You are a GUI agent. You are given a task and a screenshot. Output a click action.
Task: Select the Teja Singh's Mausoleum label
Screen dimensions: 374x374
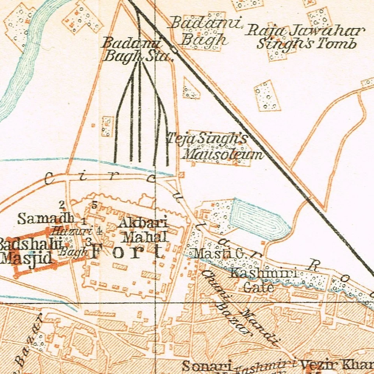(215, 146)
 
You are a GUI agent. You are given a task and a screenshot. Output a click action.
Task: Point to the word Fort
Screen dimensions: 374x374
(127, 252)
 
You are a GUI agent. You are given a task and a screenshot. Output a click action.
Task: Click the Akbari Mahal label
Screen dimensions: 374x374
(143, 229)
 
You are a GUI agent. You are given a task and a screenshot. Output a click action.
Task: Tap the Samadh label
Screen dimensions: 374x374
(46, 218)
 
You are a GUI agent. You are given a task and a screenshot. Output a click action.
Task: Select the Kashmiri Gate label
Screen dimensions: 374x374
(259, 280)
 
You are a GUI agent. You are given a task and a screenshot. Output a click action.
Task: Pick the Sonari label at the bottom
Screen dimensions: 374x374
(206, 366)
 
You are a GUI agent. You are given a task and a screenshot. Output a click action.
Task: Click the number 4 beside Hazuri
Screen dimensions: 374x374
(99, 230)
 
